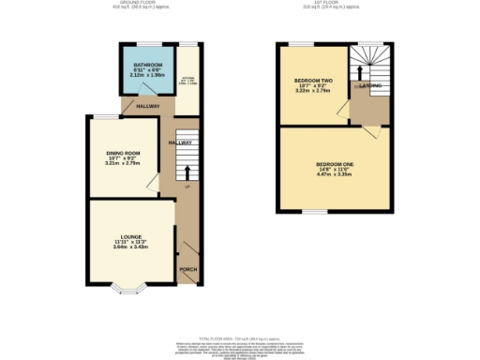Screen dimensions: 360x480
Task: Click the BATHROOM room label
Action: click(x=148, y=66)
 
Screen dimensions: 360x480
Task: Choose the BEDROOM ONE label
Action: click(x=334, y=164)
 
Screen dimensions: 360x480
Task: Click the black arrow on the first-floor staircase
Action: click(x=361, y=71)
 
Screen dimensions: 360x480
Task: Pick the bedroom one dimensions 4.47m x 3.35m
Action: click(x=334, y=173)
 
